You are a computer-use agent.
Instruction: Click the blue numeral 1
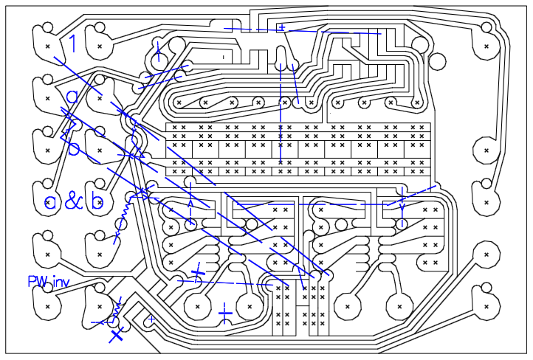coord(72,44)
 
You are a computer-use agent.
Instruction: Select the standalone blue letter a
coord(72,97)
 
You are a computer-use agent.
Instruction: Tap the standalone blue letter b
coord(72,146)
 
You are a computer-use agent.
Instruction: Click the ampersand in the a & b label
coord(73,201)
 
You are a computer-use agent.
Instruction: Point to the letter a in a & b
coord(50,201)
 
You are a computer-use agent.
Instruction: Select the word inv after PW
coord(59,281)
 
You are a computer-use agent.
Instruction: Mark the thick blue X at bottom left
coord(116,336)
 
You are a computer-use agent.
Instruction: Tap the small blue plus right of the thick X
coord(151,319)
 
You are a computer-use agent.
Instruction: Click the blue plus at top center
coord(281,28)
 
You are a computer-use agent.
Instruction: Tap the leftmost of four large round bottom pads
coord(197,304)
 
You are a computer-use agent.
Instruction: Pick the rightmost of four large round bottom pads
coord(399,304)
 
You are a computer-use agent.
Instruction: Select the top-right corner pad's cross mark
coord(486,46)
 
